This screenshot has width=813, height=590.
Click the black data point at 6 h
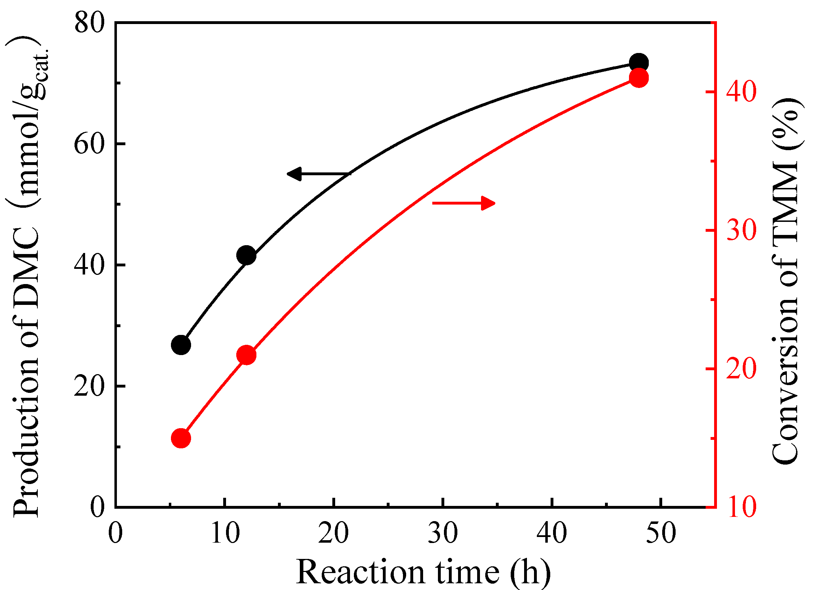coord(181,345)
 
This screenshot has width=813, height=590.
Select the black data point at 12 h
coord(246,255)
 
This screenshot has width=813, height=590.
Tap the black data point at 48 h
coord(639,63)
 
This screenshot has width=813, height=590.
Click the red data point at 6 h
coord(181,438)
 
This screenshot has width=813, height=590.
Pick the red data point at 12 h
coord(246,355)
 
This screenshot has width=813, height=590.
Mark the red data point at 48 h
coord(639,78)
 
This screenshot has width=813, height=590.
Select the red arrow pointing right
coord(464,203)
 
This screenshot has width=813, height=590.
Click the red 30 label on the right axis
coord(741,230)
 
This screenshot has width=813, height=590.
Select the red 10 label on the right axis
coord(741,507)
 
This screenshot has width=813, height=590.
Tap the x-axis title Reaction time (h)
coord(423,572)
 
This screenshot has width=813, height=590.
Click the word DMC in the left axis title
coord(26,264)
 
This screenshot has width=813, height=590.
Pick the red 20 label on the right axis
coord(741,369)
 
